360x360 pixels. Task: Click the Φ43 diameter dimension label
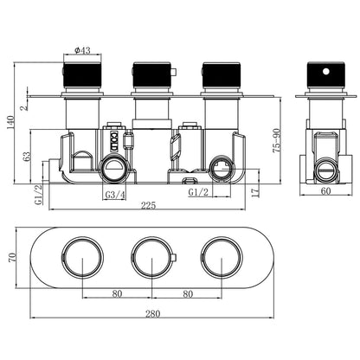pos(82,50)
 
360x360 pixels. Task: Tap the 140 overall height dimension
pos(10,122)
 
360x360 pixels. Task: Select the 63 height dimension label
pos(27,157)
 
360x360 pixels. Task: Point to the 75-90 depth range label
pos(277,140)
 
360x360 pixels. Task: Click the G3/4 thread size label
pos(115,195)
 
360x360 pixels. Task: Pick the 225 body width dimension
pos(148,205)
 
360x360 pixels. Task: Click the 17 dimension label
pos(255,192)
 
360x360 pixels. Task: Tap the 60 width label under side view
pos(325,190)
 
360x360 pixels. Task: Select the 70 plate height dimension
pos(12,257)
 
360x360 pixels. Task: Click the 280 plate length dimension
pos(152,313)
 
